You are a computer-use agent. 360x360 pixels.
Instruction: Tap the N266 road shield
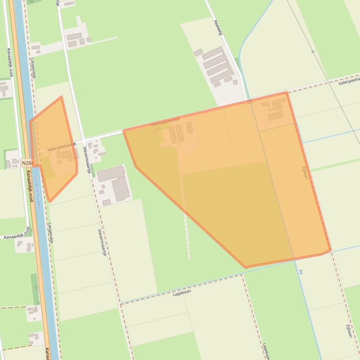(x=27, y=163)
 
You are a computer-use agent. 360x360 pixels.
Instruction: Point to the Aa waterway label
(x=301, y=271)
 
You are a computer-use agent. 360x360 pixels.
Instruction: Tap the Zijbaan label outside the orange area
(x=349, y=331)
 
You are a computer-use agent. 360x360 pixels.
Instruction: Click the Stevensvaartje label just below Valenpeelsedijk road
(x=87, y=159)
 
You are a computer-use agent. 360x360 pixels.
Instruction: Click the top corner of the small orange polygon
(x=61, y=97)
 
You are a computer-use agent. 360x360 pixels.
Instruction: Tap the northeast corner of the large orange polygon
(x=287, y=93)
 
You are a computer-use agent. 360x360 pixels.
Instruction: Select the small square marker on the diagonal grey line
(x=313, y=52)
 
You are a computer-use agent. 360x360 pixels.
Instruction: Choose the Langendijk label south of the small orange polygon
(x=51, y=232)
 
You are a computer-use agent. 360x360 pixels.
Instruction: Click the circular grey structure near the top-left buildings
(x=88, y=40)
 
